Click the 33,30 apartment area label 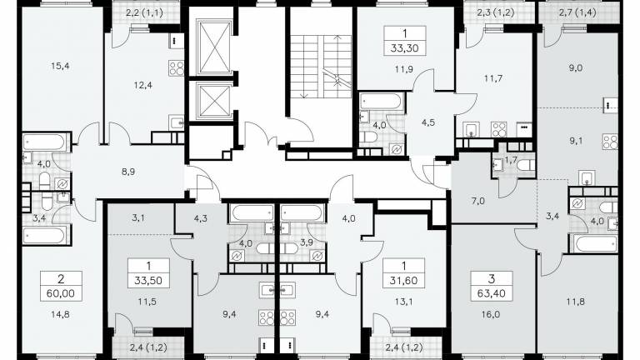tap(404, 48)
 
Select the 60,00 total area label tap(61, 293)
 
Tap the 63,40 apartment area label tap(492, 293)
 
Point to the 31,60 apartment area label tap(403, 281)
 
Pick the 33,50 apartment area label tap(148, 281)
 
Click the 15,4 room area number tap(60, 65)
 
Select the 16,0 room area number tap(490, 314)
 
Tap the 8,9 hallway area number tap(128, 172)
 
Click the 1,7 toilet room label tap(511, 160)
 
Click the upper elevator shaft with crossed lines tap(214, 48)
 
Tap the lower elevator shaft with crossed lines tap(214, 101)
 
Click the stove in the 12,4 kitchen tap(177, 68)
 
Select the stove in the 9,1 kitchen tap(610, 142)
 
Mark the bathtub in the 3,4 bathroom tap(43, 236)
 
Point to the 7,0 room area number tap(477, 201)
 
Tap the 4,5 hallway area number tap(428, 122)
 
